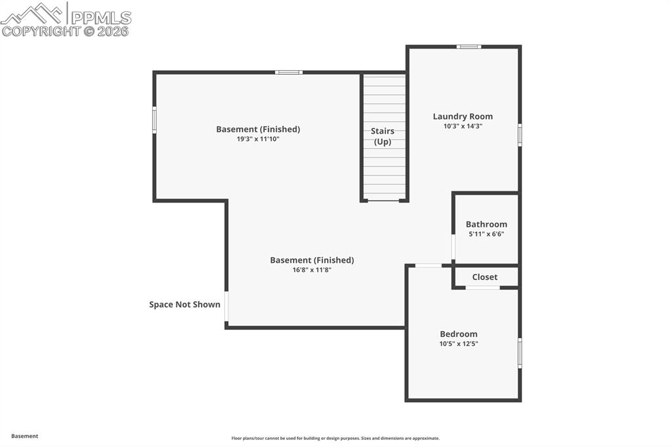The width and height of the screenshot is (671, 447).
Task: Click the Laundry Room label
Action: point(463,117)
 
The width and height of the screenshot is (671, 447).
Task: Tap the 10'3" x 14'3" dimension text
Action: point(463,126)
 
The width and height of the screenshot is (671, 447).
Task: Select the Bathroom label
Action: point(486,224)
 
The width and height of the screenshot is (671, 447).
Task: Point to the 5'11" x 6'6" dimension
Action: point(486,234)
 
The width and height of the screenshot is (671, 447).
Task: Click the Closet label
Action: point(485,277)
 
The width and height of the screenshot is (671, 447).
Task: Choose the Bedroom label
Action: point(459,334)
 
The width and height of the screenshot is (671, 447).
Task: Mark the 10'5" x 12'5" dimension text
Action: point(459,343)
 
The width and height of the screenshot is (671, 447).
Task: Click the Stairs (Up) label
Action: point(383,136)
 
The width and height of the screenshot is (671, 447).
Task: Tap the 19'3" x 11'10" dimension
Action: point(258,139)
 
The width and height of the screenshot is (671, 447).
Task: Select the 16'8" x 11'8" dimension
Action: point(312,270)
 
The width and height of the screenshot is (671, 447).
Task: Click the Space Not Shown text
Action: point(185,304)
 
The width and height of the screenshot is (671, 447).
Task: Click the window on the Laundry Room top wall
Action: point(469,47)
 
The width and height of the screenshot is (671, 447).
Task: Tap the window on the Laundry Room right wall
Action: point(520,134)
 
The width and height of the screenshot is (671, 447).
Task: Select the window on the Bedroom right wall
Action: point(520,353)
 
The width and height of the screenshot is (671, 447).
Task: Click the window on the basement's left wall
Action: point(155,120)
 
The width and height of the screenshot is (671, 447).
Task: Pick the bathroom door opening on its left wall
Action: point(453,247)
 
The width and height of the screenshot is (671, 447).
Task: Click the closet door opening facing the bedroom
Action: point(482,287)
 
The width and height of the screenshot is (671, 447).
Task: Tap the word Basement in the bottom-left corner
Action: point(25,436)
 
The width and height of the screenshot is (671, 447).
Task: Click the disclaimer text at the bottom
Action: point(335,438)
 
